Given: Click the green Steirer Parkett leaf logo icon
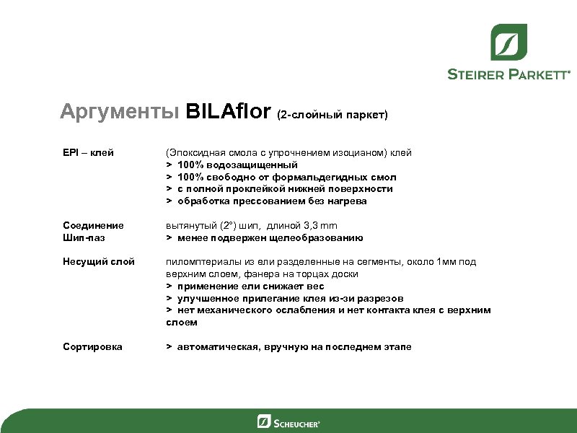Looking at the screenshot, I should [x=508, y=42].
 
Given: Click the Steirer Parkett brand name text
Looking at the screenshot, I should [x=508, y=74].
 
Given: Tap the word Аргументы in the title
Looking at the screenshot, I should [x=120, y=112].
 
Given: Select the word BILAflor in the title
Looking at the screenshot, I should [x=229, y=112].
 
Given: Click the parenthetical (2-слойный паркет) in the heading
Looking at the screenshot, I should [x=332, y=115].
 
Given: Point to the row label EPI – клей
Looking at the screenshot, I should [x=88, y=153].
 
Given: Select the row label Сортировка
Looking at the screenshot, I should [x=92, y=347].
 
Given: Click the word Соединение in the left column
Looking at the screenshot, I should [x=92, y=226].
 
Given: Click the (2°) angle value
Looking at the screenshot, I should [x=234, y=226].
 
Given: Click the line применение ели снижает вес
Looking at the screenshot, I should [x=250, y=287].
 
